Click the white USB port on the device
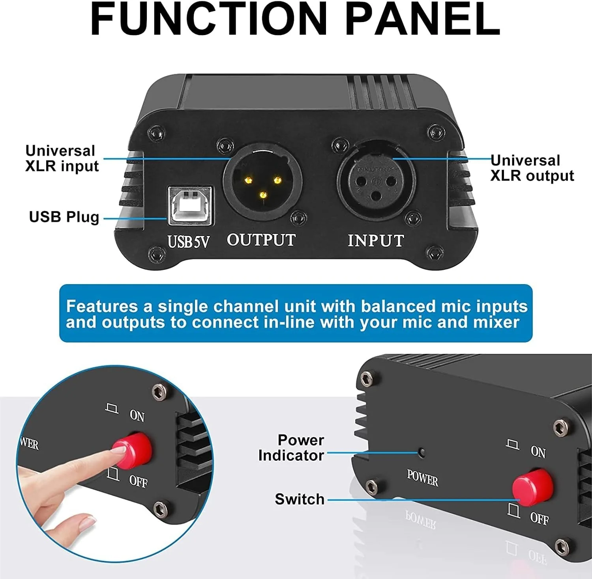pyautogui.click(x=191, y=206)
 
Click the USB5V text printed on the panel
pyautogui.click(x=188, y=242)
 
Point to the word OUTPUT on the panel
pyautogui.click(x=261, y=240)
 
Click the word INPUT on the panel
pyautogui.click(x=376, y=240)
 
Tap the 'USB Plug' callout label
pyautogui.click(x=64, y=217)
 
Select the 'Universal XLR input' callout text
pyautogui.click(x=62, y=158)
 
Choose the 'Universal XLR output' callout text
pyautogui.click(x=532, y=168)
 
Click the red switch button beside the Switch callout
pyautogui.click(x=532, y=487)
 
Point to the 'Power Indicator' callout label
pyautogui.click(x=291, y=448)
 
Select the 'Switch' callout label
pyautogui.click(x=300, y=499)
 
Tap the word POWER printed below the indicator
pyautogui.click(x=423, y=478)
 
